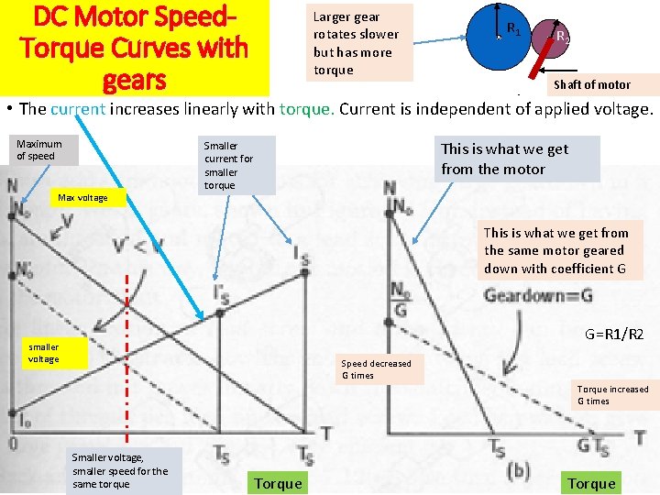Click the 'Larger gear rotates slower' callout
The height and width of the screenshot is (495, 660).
point(359,43)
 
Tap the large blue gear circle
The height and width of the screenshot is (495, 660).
point(496,37)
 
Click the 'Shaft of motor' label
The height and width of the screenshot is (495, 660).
point(591,84)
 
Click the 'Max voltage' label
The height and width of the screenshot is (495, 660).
point(82,198)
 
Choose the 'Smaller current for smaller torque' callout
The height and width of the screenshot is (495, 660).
point(237,165)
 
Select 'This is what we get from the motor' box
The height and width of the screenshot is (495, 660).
point(517,159)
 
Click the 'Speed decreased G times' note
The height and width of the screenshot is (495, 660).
point(376,368)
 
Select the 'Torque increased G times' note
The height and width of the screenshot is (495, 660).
point(612,395)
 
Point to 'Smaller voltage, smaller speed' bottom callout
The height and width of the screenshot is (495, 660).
point(120,470)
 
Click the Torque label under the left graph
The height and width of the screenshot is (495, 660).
point(278,483)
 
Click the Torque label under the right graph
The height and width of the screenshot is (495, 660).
point(591,483)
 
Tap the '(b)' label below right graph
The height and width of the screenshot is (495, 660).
point(518,471)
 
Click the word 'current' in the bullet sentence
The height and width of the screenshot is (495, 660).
point(79,109)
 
